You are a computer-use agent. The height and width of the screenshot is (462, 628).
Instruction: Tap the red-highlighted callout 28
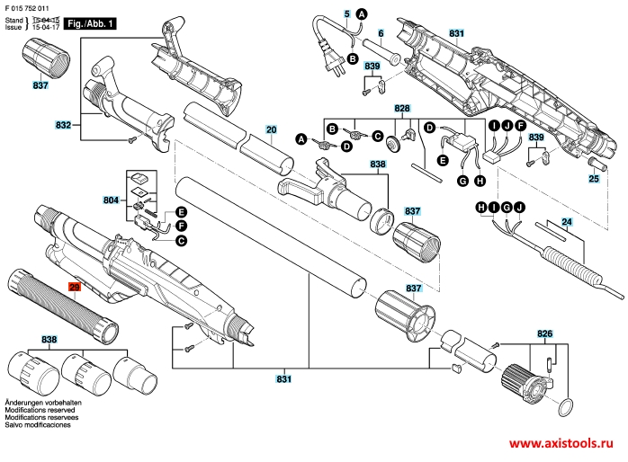(x=75, y=287)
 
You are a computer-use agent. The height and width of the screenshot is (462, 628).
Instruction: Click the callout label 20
(x=271, y=129)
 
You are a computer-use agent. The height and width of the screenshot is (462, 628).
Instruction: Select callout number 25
(x=593, y=179)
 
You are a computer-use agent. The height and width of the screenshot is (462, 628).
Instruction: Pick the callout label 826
(x=544, y=333)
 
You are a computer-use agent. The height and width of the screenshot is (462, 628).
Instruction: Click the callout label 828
(x=402, y=108)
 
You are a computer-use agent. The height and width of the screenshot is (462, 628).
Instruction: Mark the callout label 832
(x=63, y=124)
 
